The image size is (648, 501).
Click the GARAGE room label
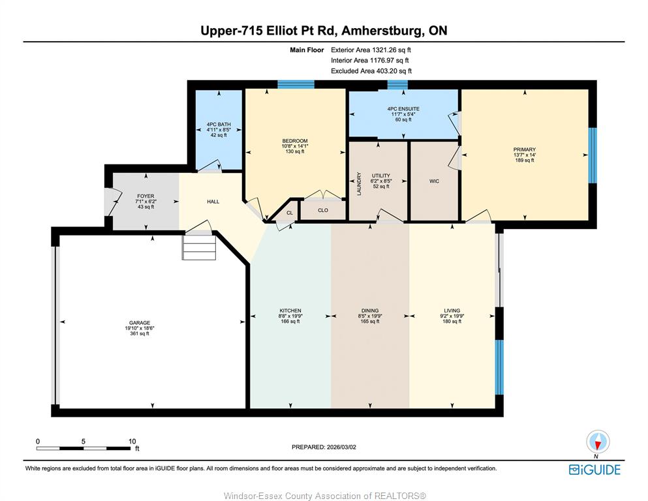[140, 323]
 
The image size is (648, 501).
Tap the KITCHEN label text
[290, 311]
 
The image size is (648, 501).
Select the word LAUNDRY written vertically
[359, 184]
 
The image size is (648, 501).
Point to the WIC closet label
[434, 181]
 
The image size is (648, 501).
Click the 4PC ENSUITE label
[403, 109]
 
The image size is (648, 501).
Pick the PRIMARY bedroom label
[525, 149]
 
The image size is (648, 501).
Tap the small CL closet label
[290, 213]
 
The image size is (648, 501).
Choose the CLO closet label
[323, 210]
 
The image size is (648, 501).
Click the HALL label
[213, 202]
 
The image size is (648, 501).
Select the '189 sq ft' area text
[525, 160]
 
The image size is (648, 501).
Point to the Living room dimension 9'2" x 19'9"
[452, 316]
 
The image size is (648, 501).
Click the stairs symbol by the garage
[199, 247]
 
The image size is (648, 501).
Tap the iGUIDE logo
[594, 470]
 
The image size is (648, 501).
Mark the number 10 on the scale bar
[132, 441]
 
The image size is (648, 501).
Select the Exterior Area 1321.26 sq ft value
[371, 50]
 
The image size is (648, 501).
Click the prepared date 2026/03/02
[341, 447]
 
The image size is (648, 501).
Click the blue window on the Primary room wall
[593, 155]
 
